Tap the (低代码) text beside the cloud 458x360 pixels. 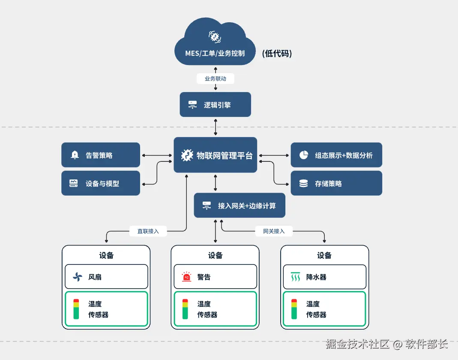[x=277, y=54]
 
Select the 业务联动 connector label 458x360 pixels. [x=215, y=79]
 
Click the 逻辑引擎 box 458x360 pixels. [x=215, y=104]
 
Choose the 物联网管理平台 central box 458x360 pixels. [x=215, y=155]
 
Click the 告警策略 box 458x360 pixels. [x=101, y=155]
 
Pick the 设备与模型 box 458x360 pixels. [x=101, y=183]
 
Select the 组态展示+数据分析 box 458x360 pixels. [x=336, y=155]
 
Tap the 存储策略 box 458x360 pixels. [x=336, y=183]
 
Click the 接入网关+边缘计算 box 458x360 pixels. [x=239, y=205]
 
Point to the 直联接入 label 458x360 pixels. [x=148, y=231]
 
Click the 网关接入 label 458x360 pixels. [x=274, y=231]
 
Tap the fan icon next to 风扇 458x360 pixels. [x=77, y=277]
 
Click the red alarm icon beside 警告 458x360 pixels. [x=186, y=277]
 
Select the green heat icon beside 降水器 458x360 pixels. [x=295, y=277]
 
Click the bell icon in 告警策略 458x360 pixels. [x=75, y=155]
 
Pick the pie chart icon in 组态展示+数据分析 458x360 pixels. [x=304, y=155]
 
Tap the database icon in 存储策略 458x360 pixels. [x=303, y=184]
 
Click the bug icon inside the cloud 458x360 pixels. [x=215, y=37]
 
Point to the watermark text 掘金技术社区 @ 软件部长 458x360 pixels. [x=386, y=344]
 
